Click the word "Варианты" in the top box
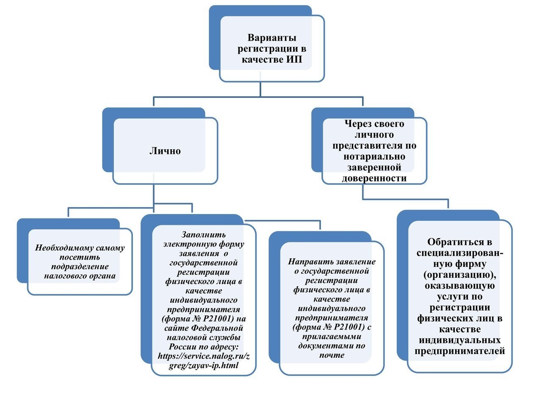[272, 38]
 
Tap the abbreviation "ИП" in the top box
[294, 60]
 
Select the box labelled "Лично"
[165, 151]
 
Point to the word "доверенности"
[374, 178]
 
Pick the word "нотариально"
[374, 156]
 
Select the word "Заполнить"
[204, 235]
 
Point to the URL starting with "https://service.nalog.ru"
[204, 360]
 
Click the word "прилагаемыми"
[332, 337]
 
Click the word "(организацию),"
[460, 275]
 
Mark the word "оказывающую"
[460, 286]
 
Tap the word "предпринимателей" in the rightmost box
[460, 351]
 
